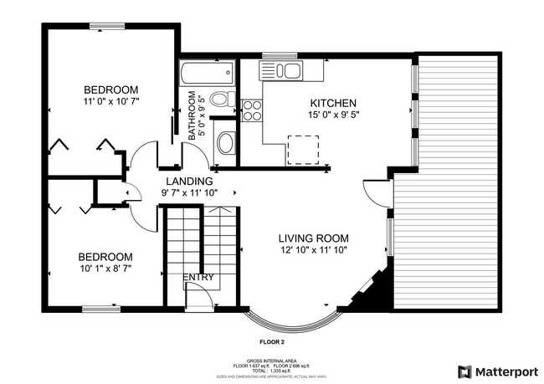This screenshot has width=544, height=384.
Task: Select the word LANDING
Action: (188, 181)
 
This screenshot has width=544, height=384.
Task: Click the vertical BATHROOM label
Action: (192, 115)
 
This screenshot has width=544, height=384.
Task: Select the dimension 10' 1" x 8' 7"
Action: (105, 269)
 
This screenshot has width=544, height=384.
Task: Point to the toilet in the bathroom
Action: (220, 100)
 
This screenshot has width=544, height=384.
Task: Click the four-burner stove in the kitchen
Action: (251, 110)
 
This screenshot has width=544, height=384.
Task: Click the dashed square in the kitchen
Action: (301, 148)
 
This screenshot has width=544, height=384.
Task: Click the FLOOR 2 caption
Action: (271, 342)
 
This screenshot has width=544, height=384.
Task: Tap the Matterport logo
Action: (495, 371)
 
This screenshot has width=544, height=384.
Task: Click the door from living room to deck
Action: (379, 194)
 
